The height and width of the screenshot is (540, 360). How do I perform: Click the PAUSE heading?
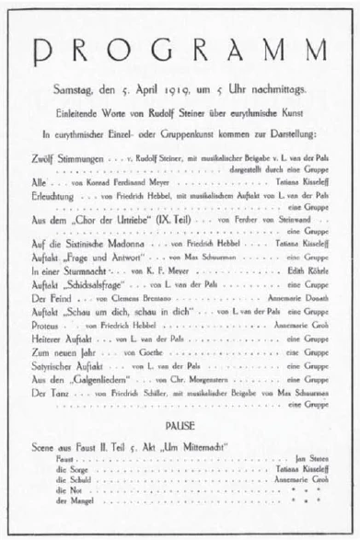[x=179, y=428]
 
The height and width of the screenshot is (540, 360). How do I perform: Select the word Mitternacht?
[x=205, y=446]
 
